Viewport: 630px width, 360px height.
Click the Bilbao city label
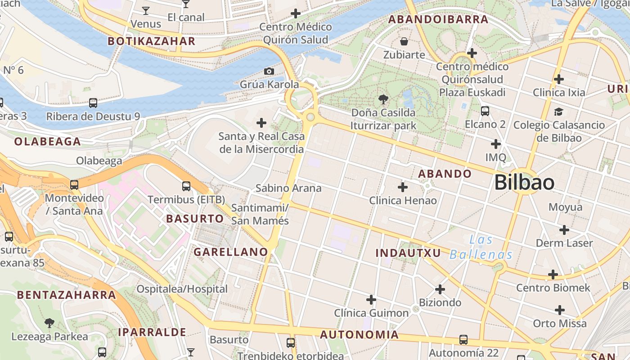524,183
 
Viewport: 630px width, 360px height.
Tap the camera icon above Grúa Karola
269,71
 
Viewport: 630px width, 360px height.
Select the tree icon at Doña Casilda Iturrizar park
383,99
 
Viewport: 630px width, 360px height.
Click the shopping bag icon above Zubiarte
404,42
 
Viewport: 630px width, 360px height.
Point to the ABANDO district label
445,174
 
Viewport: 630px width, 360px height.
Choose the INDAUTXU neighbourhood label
408,253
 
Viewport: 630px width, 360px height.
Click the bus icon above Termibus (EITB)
186,186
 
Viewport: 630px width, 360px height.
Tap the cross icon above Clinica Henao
403,187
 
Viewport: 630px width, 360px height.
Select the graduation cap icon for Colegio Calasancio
559,112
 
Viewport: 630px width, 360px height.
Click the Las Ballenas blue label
481,247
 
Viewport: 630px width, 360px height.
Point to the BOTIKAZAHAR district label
151,41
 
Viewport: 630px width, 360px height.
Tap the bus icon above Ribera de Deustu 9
93,103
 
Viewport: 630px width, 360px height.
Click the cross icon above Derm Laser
564,230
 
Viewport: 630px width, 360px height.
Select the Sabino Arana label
288,188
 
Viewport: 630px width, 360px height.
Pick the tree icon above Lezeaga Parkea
49,323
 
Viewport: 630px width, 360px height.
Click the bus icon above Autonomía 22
463,339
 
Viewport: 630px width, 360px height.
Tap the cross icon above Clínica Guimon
371,299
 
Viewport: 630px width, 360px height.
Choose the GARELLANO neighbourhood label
231,252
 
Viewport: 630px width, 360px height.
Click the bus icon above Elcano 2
485,111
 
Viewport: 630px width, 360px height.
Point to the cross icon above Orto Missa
560,310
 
